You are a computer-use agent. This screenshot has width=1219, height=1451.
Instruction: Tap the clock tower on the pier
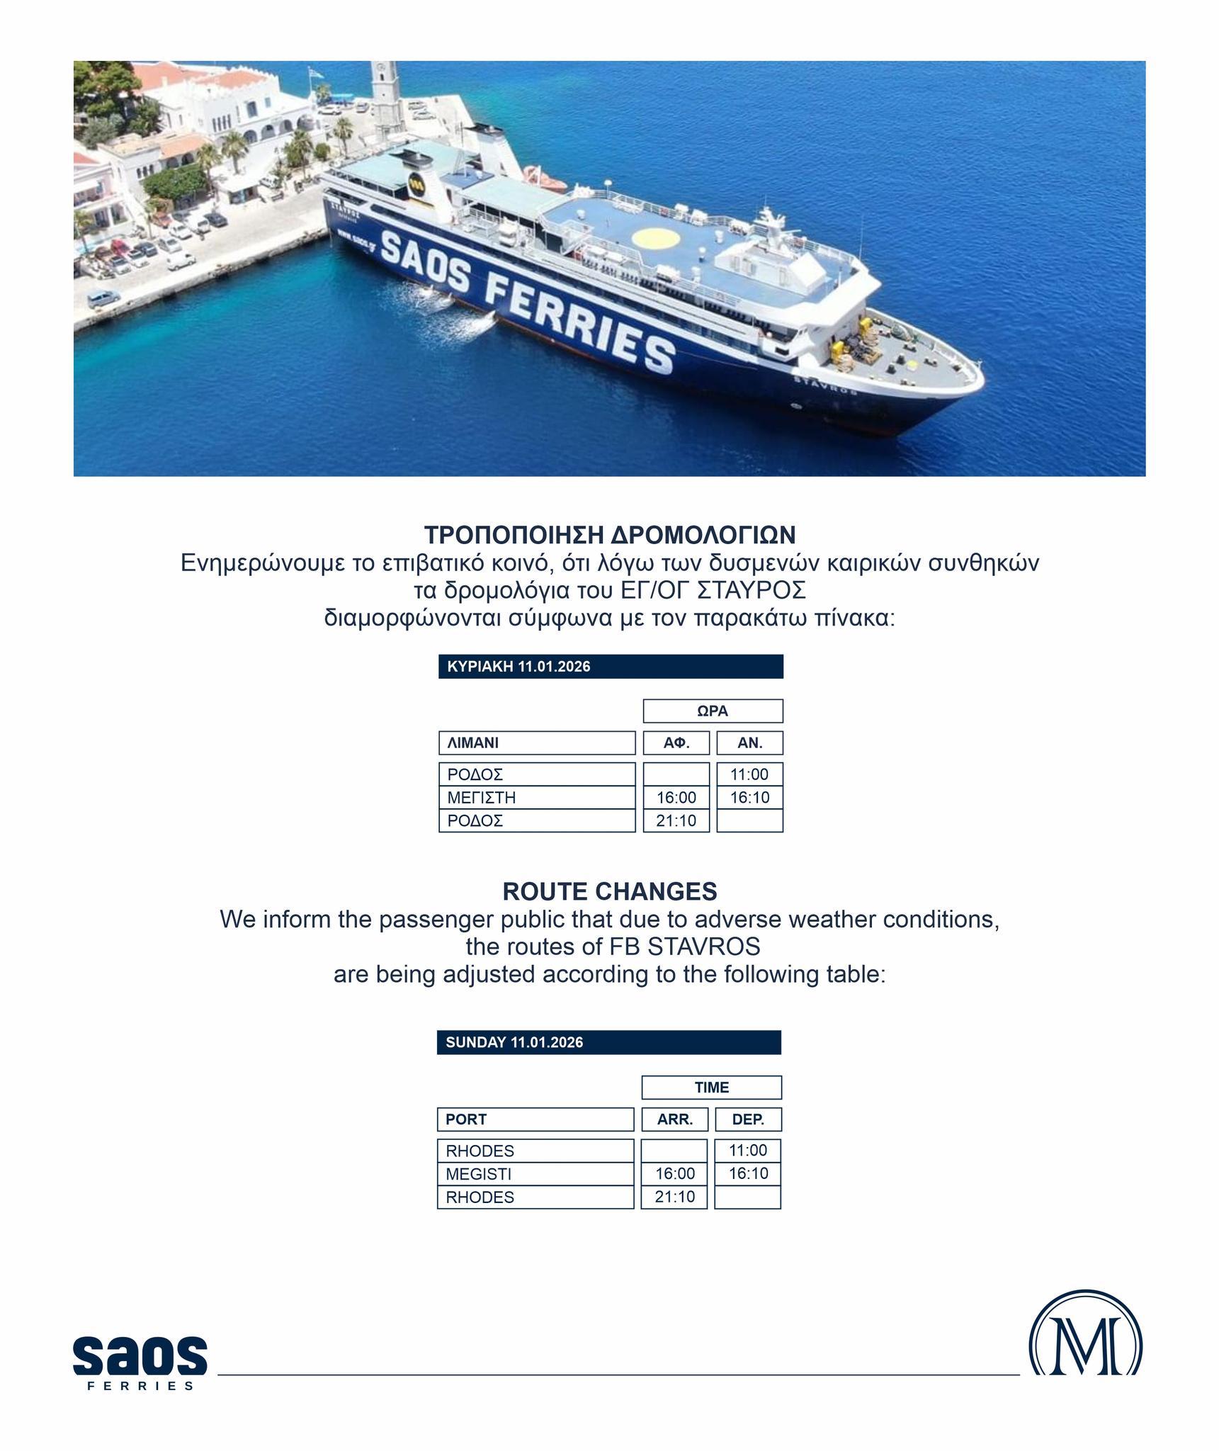pyautogui.click(x=387, y=99)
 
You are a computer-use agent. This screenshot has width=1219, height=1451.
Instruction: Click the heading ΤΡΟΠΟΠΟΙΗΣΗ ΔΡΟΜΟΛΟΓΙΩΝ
pyautogui.click(x=609, y=534)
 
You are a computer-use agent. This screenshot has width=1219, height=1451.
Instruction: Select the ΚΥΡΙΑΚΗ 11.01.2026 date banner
pyautogui.click(x=611, y=667)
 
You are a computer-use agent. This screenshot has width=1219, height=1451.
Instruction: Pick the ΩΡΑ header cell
pyautogui.click(x=713, y=711)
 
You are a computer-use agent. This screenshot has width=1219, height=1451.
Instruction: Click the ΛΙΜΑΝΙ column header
pyautogui.click(x=537, y=743)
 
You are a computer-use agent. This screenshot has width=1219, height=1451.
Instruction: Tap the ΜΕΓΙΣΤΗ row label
pyautogui.click(x=537, y=798)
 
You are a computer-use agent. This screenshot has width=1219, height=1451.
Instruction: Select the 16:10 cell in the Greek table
pyautogui.click(x=749, y=798)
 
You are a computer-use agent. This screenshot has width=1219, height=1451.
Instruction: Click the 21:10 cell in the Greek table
pyautogui.click(x=676, y=821)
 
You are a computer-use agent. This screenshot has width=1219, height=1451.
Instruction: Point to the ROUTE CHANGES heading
pyautogui.click(x=609, y=891)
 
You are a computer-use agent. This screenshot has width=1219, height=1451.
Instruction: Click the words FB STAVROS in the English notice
pyautogui.click(x=684, y=947)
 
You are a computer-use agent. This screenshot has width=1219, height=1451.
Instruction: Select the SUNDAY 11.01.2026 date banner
pyautogui.click(x=608, y=1042)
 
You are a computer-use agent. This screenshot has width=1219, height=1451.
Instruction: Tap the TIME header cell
pyautogui.click(x=711, y=1087)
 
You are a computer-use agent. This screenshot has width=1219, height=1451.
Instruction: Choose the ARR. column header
pyautogui.click(x=674, y=1119)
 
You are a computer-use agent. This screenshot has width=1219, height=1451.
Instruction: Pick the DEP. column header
pyautogui.click(x=748, y=1119)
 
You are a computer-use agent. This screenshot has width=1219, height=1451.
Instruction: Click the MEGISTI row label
pyautogui.click(x=535, y=1174)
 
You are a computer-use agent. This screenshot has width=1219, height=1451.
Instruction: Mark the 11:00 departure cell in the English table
pyautogui.click(x=748, y=1150)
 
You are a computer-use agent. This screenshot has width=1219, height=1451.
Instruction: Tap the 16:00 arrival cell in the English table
pyautogui.click(x=674, y=1173)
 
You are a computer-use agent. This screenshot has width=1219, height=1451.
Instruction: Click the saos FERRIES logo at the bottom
pyautogui.click(x=140, y=1360)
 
